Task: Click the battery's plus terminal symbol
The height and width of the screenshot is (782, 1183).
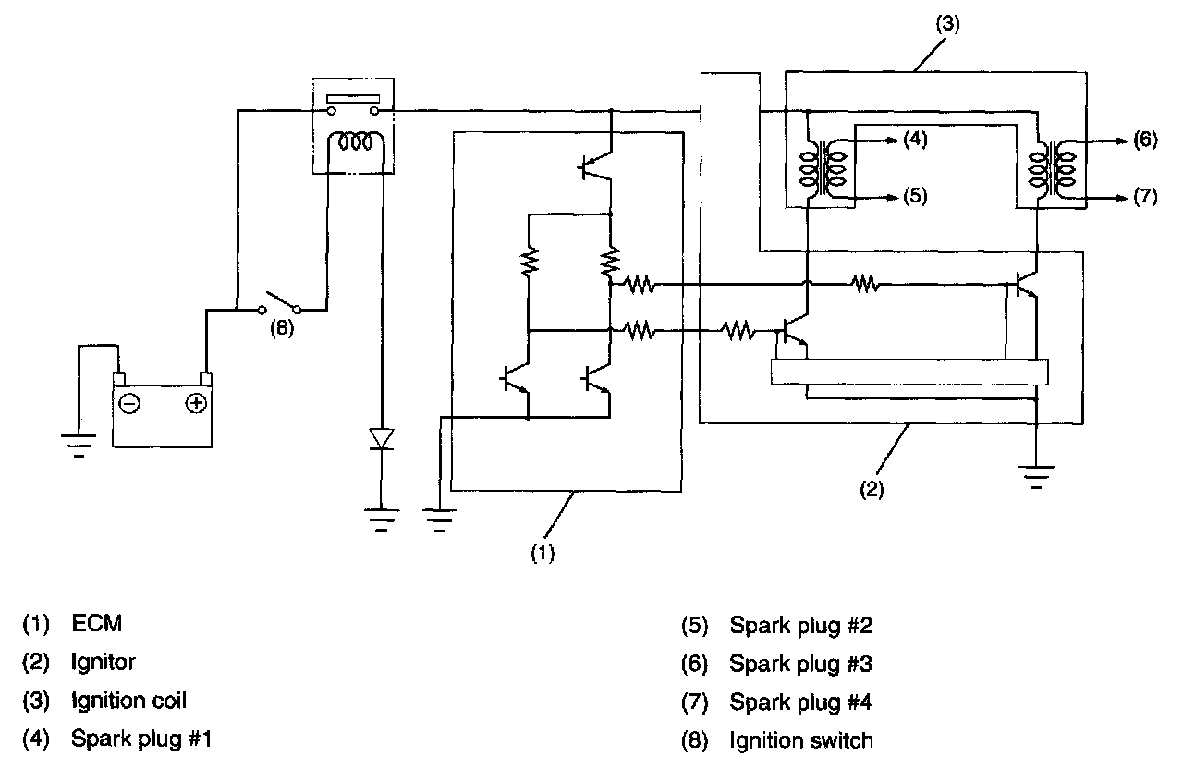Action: (x=195, y=404)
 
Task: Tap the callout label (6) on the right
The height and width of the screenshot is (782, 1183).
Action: (x=1143, y=141)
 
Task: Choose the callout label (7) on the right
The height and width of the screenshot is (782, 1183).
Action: (x=1143, y=198)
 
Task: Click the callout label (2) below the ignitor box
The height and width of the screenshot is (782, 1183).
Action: (x=873, y=490)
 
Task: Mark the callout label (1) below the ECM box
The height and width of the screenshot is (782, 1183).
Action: (x=543, y=554)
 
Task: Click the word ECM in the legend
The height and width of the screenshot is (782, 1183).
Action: (x=96, y=625)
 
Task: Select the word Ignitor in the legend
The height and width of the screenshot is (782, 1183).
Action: (x=104, y=663)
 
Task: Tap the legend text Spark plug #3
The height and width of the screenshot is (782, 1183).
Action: (x=800, y=664)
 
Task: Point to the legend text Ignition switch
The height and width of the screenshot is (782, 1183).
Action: (x=800, y=740)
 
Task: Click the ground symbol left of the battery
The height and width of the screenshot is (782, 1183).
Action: (x=79, y=444)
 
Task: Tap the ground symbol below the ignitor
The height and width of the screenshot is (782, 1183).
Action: (x=1038, y=477)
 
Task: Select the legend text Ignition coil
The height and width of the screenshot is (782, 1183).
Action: (x=128, y=701)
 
